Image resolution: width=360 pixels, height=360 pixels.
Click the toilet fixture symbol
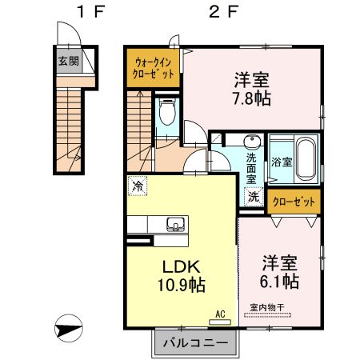167,114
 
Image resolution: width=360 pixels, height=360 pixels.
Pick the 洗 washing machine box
253,196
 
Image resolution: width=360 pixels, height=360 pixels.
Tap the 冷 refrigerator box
137,187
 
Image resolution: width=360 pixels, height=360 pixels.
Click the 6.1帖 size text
280,281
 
